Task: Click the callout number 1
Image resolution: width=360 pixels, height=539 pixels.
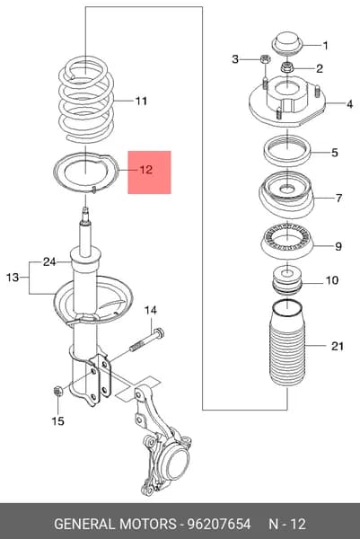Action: (x=325, y=46)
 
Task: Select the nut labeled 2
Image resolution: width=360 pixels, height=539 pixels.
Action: (x=286, y=67)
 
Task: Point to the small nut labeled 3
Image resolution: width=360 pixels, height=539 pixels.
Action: (x=266, y=58)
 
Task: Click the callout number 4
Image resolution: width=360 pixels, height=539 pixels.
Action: (x=349, y=104)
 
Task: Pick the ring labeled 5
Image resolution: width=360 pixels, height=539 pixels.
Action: (x=287, y=151)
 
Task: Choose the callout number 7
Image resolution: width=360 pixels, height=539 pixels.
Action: (x=338, y=198)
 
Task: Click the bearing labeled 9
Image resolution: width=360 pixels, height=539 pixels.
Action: (x=286, y=240)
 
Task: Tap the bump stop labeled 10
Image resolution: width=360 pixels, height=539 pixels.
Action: (x=287, y=279)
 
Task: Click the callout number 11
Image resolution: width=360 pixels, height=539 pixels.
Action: (x=141, y=101)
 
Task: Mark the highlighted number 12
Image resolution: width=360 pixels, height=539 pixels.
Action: (x=146, y=170)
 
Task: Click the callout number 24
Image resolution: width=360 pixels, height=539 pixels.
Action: (x=49, y=262)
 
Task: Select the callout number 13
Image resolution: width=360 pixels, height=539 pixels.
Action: (x=13, y=277)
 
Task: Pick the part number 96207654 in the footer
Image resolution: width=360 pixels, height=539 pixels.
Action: (x=218, y=524)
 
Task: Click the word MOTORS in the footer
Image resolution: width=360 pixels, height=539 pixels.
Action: (x=147, y=524)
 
